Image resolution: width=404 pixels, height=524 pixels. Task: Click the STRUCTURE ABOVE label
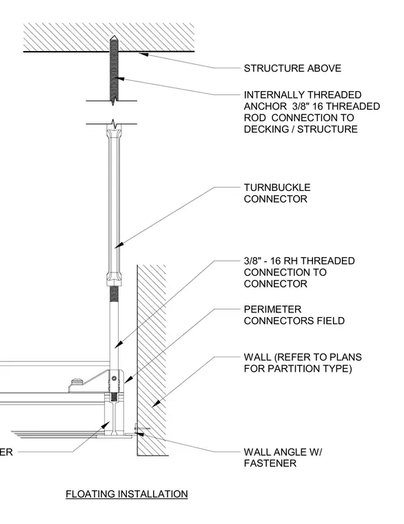[292, 68]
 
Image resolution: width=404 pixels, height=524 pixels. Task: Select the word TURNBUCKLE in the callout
[277, 188]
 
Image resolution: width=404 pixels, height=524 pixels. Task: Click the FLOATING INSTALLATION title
[127, 494]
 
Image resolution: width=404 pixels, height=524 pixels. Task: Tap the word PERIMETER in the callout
[272, 309]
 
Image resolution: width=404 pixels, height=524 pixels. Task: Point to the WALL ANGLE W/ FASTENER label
[283, 458]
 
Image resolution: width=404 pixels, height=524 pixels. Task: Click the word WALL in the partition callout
[257, 357]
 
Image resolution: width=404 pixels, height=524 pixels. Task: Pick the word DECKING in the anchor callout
[266, 129]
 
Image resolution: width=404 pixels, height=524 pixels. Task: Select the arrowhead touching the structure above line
[143, 54]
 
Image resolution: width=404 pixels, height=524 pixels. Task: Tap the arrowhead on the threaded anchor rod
[120, 79]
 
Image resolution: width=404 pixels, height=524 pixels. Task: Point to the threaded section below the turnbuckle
[114, 294]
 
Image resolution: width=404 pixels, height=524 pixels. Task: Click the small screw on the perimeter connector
[115, 379]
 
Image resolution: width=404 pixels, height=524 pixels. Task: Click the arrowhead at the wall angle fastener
[139, 434]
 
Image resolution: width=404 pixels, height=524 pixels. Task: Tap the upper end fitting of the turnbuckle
[114, 132]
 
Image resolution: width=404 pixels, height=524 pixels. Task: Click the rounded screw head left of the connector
[77, 381]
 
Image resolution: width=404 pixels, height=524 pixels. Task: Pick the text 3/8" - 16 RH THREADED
[299, 261]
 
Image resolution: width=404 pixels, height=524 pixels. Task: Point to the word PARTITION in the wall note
[297, 369]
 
